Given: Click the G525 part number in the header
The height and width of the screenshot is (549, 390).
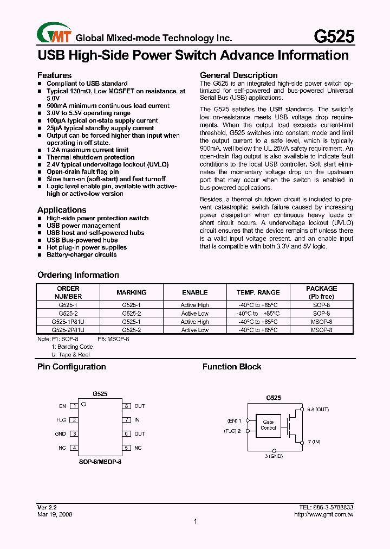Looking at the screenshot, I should [335, 36].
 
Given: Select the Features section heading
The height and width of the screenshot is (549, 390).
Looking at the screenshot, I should [54, 75].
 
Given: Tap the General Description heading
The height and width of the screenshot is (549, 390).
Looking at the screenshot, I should [239, 75].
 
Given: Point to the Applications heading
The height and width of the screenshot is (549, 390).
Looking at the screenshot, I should [62, 210].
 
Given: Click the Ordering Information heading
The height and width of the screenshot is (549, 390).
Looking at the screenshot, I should [78, 275].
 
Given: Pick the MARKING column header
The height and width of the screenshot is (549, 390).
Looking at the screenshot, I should [132, 292].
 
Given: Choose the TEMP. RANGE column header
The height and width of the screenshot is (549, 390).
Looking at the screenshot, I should [258, 292].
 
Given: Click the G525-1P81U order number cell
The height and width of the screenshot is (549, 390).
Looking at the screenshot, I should [68, 322].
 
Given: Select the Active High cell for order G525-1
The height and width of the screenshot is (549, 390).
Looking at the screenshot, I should [194, 305].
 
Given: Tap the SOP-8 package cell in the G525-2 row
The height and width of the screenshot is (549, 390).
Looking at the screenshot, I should [321, 314].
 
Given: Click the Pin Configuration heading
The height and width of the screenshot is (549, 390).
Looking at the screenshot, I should [71, 367].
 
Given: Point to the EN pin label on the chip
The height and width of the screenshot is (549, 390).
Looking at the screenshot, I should [62, 406].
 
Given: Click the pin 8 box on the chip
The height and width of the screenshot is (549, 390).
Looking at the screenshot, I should [126, 406].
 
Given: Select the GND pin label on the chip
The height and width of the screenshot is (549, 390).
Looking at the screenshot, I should [60, 434].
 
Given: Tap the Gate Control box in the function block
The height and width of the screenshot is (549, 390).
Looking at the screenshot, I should [268, 425].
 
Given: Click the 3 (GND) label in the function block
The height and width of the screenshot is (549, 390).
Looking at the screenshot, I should [274, 456].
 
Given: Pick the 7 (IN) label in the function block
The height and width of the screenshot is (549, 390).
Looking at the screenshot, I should [314, 442].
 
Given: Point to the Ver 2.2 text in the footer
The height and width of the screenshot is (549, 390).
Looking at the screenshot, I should [47, 507].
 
